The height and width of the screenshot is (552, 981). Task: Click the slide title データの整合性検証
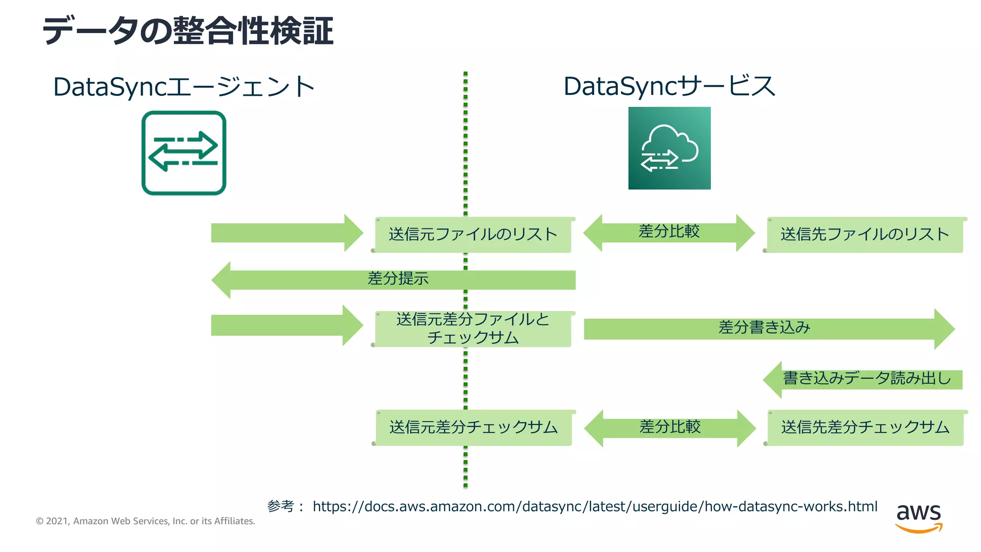(x=188, y=31)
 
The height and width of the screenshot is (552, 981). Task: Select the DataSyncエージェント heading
(x=183, y=87)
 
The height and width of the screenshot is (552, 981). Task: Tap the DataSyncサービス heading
(x=669, y=87)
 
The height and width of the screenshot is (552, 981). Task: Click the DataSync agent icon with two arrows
(x=184, y=153)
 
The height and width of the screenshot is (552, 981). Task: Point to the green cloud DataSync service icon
(x=669, y=148)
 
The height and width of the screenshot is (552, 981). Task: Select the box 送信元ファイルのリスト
(x=473, y=234)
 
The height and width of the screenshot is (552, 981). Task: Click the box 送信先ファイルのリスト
(x=865, y=234)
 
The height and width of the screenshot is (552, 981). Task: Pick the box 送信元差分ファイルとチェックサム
(x=473, y=329)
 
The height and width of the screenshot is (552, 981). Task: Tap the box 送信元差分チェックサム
(x=473, y=427)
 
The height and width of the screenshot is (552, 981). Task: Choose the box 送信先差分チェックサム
(x=865, y=427)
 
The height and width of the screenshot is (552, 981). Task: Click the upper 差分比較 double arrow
(x=669, y=233)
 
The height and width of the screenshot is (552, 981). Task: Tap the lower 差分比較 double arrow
(x=670, y=428)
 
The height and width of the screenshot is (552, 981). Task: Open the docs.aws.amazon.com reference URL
(x=595, y=506)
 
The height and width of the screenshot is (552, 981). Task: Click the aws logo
(x=918, y=517)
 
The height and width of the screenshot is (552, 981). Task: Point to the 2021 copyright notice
(x=146, y=521)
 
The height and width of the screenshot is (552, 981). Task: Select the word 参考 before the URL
(x=280, y=506)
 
